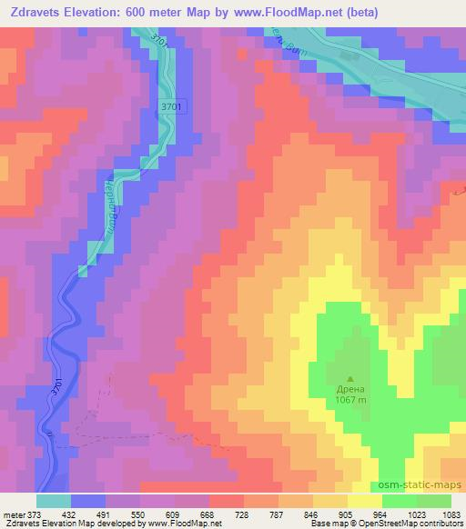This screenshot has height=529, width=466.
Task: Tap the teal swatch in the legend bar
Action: point(54,501)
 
